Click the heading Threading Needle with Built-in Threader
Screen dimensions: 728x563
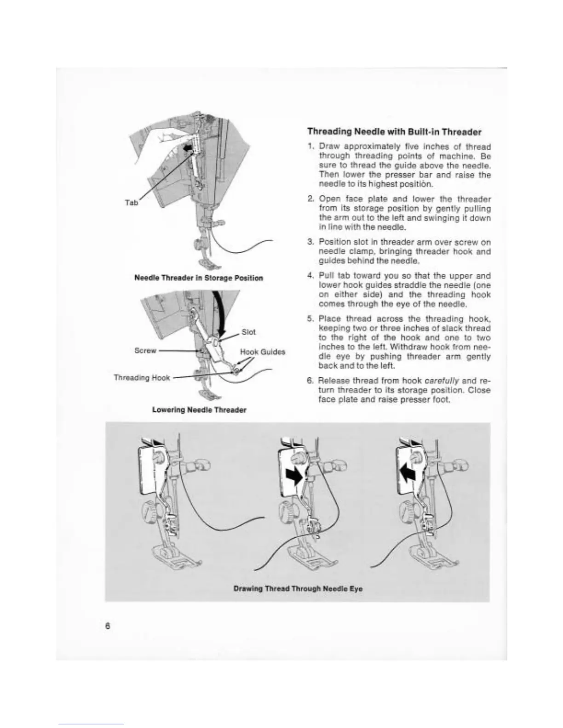394,132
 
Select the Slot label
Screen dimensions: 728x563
248,332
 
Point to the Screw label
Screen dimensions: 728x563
145,351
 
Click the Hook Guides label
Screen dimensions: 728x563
263,352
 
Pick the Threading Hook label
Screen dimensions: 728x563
142,378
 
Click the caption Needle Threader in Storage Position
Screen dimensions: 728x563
199,278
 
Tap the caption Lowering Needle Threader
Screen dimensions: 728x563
199,409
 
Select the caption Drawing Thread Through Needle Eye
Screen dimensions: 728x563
298,589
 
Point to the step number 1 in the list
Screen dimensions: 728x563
310,147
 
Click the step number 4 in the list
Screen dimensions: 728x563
310,276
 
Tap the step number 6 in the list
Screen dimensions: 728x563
310,381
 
